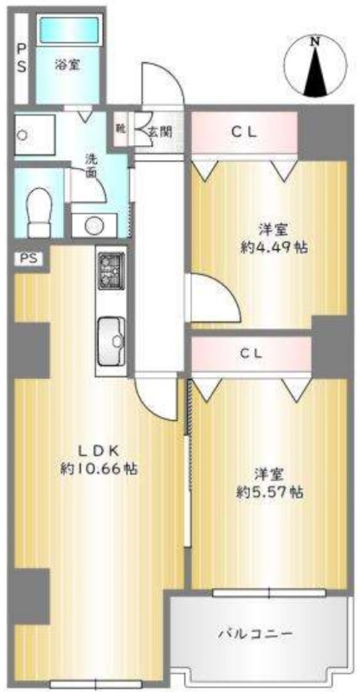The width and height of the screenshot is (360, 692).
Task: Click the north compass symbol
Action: [316, 67]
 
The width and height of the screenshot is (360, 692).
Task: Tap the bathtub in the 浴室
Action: [67, 38]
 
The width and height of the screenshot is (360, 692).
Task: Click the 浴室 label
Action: [67, 64]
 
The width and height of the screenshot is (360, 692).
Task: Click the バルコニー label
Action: [254, 634]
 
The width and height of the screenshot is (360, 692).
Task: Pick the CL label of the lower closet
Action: [251, 354]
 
